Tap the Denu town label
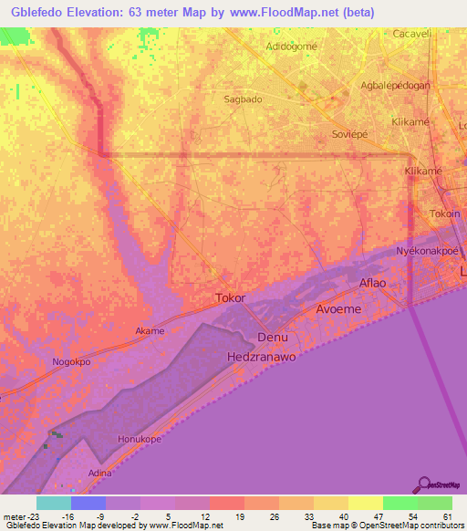tap(273, 337)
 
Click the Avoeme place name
tap(338, 309)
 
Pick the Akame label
tap(150, 331)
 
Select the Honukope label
tap(140, 439)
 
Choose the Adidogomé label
tap(290, 47)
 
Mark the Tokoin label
tap(445, 213)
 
